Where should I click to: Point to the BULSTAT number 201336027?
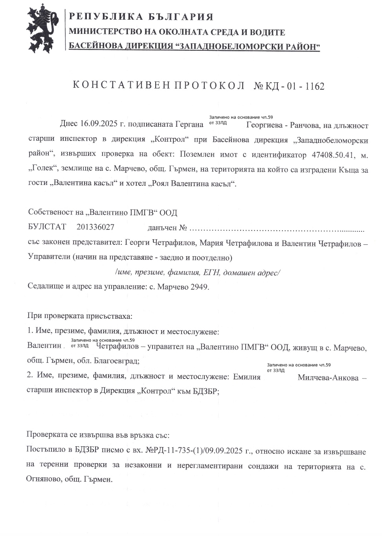tap(95, 227)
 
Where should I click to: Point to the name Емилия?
tap(247, 377)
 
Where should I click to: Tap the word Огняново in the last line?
tap(42, 480)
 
